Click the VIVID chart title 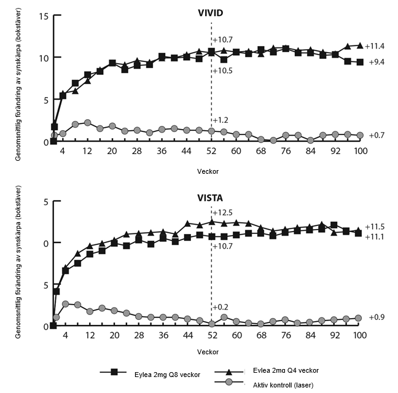point(211,12)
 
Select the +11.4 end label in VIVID point(375,46)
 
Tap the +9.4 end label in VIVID point(377,63)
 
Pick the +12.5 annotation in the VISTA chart point(222,212)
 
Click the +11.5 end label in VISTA point(376,227)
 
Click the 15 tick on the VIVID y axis point(42,15)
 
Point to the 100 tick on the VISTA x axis point(359,335)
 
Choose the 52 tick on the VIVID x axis point(211,151)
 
